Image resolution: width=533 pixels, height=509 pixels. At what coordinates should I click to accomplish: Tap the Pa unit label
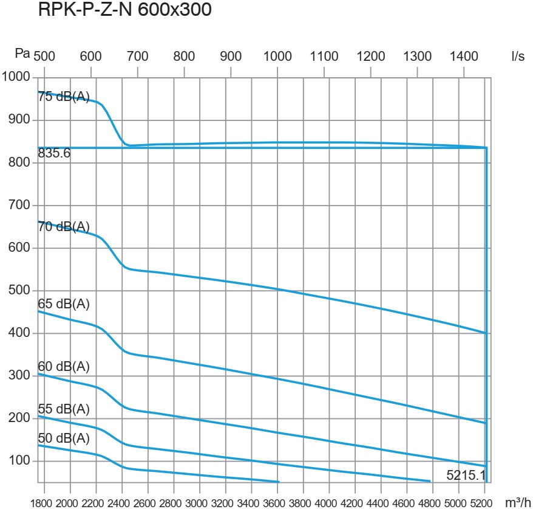point(22,54)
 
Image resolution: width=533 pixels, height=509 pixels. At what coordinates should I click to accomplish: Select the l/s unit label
point(517,56)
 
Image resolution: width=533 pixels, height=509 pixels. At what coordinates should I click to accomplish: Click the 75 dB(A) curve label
point(64,97)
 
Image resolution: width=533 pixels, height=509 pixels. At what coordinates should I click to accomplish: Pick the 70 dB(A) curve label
point(64,227)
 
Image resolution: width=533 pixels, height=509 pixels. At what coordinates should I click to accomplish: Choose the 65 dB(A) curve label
point(64,304)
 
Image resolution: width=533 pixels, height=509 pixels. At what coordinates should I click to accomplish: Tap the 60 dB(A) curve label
point(64,366)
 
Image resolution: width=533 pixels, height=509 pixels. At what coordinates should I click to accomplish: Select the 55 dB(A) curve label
point(64,408)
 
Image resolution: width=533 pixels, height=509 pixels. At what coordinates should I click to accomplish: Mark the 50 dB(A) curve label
point(64,438)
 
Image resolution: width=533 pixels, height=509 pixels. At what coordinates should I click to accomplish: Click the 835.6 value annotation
point(54,154)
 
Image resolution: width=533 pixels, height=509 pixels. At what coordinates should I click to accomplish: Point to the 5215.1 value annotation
point(466,475)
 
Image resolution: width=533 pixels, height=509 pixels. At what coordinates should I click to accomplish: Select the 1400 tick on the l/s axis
point(464,57)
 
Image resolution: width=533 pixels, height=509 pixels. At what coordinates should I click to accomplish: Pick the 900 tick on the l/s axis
point(231,57)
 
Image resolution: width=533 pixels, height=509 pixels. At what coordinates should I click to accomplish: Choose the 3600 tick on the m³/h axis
point(277,503)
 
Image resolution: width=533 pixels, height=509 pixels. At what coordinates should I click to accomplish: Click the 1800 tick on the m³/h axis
point(46,503)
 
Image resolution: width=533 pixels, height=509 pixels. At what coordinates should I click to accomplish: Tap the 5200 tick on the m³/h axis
point(481,503)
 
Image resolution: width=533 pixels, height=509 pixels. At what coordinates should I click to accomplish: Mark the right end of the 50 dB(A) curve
point(279,482)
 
